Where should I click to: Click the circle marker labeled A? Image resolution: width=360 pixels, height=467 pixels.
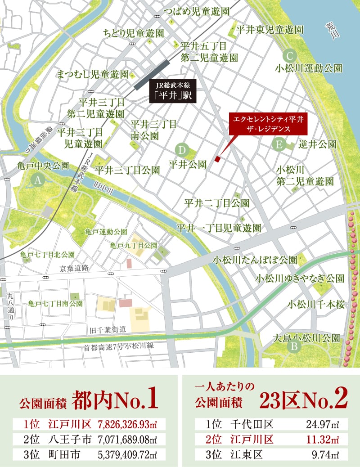(38, 180)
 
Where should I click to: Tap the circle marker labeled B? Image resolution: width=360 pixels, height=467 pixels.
(294, 346)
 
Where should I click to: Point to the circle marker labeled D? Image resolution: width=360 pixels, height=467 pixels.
(182, 150)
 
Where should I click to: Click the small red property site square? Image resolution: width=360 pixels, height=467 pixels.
(218, 159)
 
